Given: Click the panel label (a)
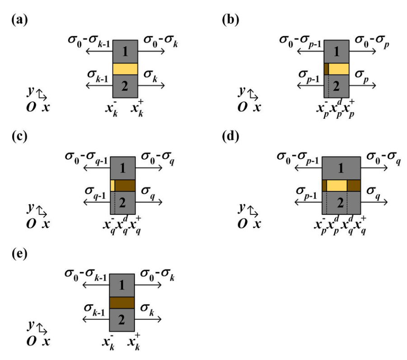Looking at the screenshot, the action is (x=20, y=19).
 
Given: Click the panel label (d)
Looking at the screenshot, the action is (x=230, y=136).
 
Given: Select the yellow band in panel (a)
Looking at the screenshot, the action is (x=125, y=69).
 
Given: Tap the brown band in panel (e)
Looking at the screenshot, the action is (x=122, y=303).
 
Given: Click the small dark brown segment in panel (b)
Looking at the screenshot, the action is (x=327, y=69).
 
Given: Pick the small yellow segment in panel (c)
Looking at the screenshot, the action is (x=112, y=185).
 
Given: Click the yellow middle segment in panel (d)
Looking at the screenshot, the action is (x=337, y=185).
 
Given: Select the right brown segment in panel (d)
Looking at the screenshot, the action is (x=354, y=185).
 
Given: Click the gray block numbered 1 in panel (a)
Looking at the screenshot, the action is (x=125, y=52).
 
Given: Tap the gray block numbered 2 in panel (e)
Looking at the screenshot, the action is (x=122, y=320).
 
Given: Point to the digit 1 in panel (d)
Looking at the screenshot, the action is (x=341, y=168).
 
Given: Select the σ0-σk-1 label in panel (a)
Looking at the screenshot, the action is (x=89, y=41).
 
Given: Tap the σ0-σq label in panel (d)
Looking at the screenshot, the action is (x=384, y=158).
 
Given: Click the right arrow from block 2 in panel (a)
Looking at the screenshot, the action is (x=151, y=85).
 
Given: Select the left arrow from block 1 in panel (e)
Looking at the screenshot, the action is (x=96, y=285).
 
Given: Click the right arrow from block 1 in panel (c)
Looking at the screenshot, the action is (x=149, y=168).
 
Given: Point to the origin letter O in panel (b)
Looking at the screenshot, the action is (x=243, y=107).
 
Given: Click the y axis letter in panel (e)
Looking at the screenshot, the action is (x=31, y=325).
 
